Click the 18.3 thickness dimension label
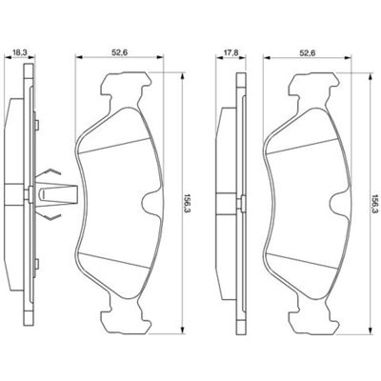(19, 53)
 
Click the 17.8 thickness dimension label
(231, 53)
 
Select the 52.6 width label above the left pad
(119, 53)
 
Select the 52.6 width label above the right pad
(307, 53)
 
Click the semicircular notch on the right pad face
(339, 202)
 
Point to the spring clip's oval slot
(43, 194)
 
